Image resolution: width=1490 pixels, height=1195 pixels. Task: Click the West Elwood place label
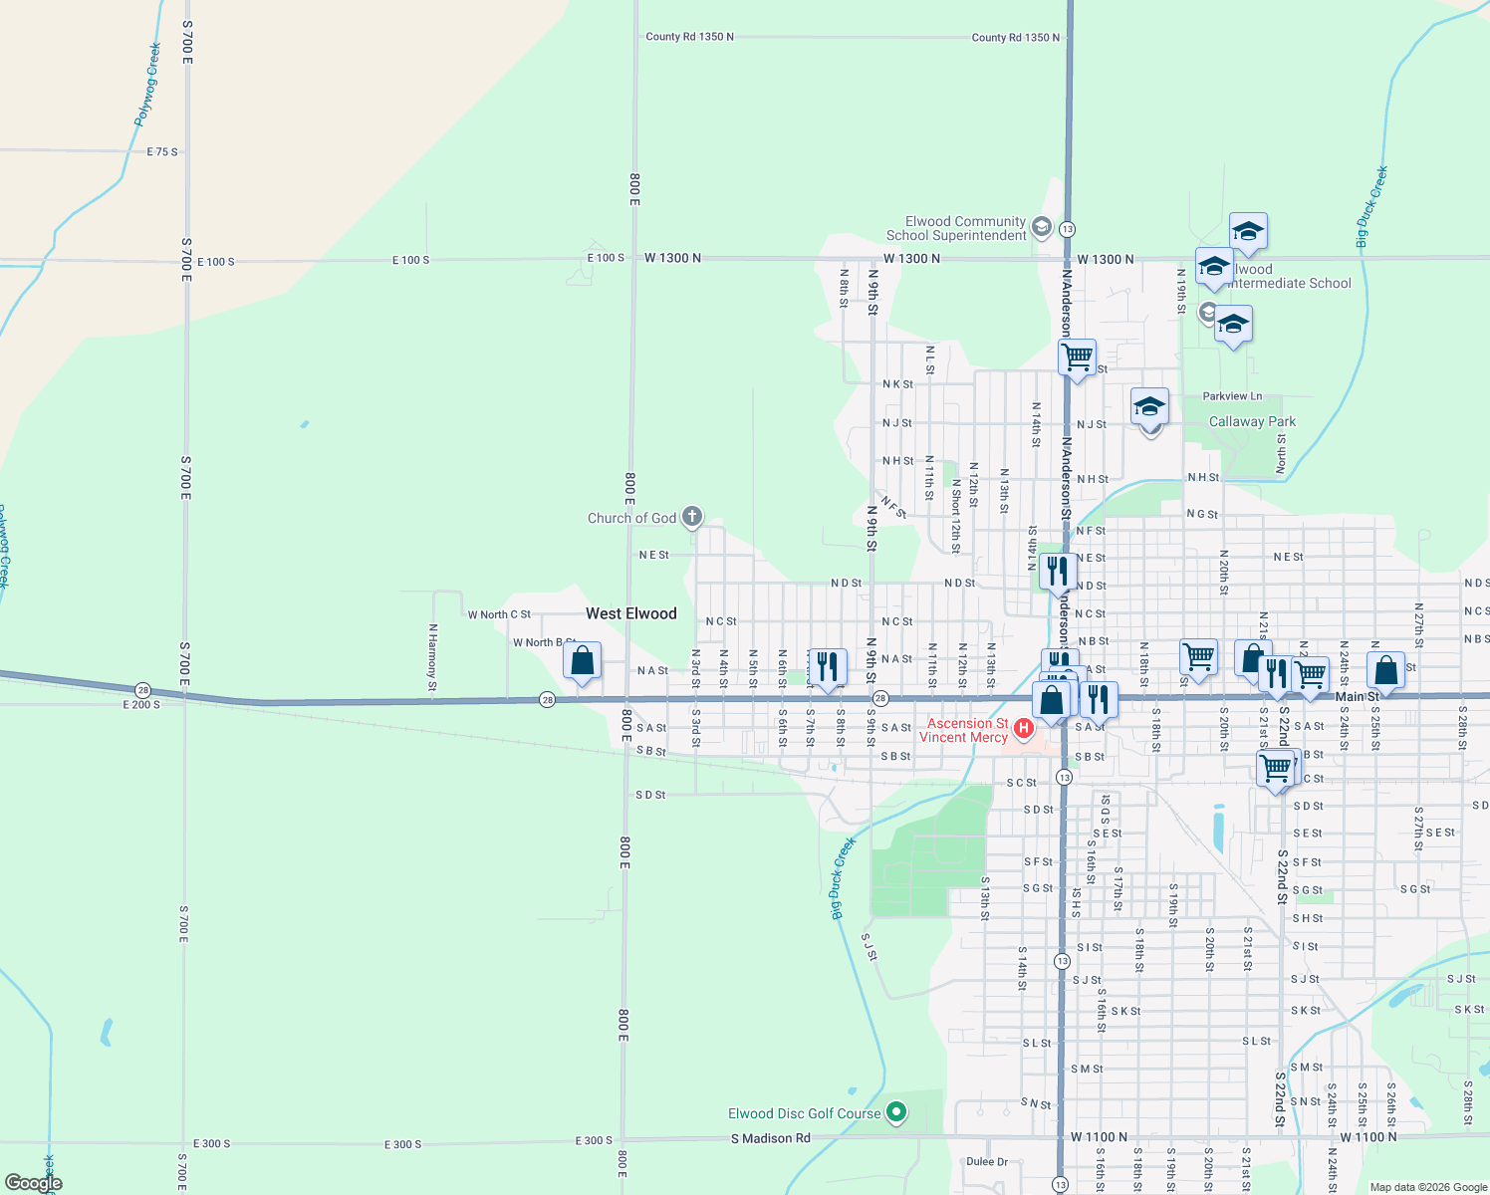click(x=630, y=613)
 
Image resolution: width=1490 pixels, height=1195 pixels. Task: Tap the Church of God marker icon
click(x=692, y=517)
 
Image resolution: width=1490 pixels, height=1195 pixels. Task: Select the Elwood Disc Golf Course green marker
click(x=896, y=1112)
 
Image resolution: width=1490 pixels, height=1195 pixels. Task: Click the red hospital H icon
click(x=1023, y=730)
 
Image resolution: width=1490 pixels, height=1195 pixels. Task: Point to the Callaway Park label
click(x=1252, y=421)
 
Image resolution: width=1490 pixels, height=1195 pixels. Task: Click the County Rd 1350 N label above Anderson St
click(x=1016, y=38)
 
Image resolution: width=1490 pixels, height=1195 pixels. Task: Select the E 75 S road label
click(x=162, y=152)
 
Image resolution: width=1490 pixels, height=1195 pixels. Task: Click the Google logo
click(x=34, y=1182)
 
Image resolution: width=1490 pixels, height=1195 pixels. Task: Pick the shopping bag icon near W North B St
click(x=582, y=660)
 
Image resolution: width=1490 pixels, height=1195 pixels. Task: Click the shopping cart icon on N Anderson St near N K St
click(x=1078, y=357)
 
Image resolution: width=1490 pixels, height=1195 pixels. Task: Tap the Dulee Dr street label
click(x=987, y=1161)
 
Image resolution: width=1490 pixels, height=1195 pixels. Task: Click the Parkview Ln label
click(x=1232, y=396)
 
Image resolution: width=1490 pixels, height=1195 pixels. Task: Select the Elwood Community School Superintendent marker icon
click(x=1041, y=227)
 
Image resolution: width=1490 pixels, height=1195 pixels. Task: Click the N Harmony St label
click(x=432, y=657)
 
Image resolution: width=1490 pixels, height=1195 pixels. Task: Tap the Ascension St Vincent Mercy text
click(x=963, y=730)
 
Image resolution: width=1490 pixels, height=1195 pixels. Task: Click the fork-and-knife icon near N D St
click(x=1057, y=571)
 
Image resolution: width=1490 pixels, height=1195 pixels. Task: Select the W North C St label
click(x=499, y=614)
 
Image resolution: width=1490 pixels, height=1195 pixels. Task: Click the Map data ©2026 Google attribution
click(x=1428, y=1187)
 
